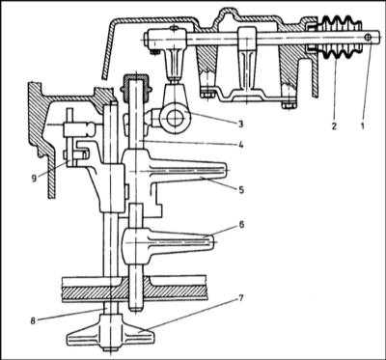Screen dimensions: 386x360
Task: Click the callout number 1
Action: tap(363, 126)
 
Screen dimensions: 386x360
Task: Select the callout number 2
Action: tap(334, 126)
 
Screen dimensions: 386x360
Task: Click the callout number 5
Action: tap(240, 190)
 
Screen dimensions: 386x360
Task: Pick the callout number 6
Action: tap(240, 225)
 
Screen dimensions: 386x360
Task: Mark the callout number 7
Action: tap(240, 298)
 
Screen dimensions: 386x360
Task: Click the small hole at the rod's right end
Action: tap(368, 38)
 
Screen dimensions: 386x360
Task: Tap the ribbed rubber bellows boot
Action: tap(339, 38)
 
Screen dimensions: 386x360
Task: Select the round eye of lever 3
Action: tap(173, 119)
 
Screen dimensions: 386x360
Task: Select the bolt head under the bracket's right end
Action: tap(288, 105)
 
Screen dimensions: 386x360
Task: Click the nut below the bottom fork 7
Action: tap(111, 349)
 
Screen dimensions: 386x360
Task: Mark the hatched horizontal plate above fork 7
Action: tap(133, 293)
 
